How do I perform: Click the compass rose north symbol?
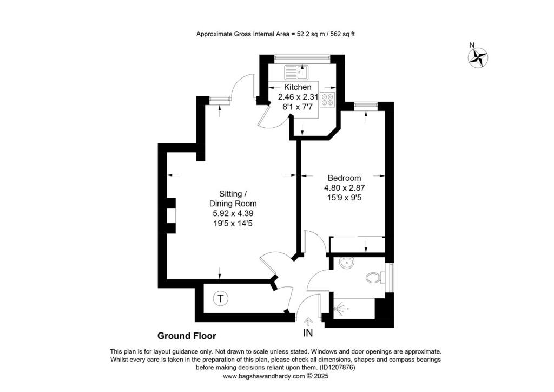point(478,57)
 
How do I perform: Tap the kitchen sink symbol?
point(297,71)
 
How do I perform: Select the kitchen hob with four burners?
point(328,99)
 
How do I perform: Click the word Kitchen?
point(298,87)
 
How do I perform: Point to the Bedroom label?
point(345,178)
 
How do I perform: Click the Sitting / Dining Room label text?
point(233,199)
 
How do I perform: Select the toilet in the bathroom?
point(374,278)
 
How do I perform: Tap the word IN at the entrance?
point(308,332)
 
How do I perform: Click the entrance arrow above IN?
point(308,322)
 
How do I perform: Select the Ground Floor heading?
point(187,336)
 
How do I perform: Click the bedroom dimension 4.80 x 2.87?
point(345,188)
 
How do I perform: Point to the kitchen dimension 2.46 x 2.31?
point(298,97)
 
